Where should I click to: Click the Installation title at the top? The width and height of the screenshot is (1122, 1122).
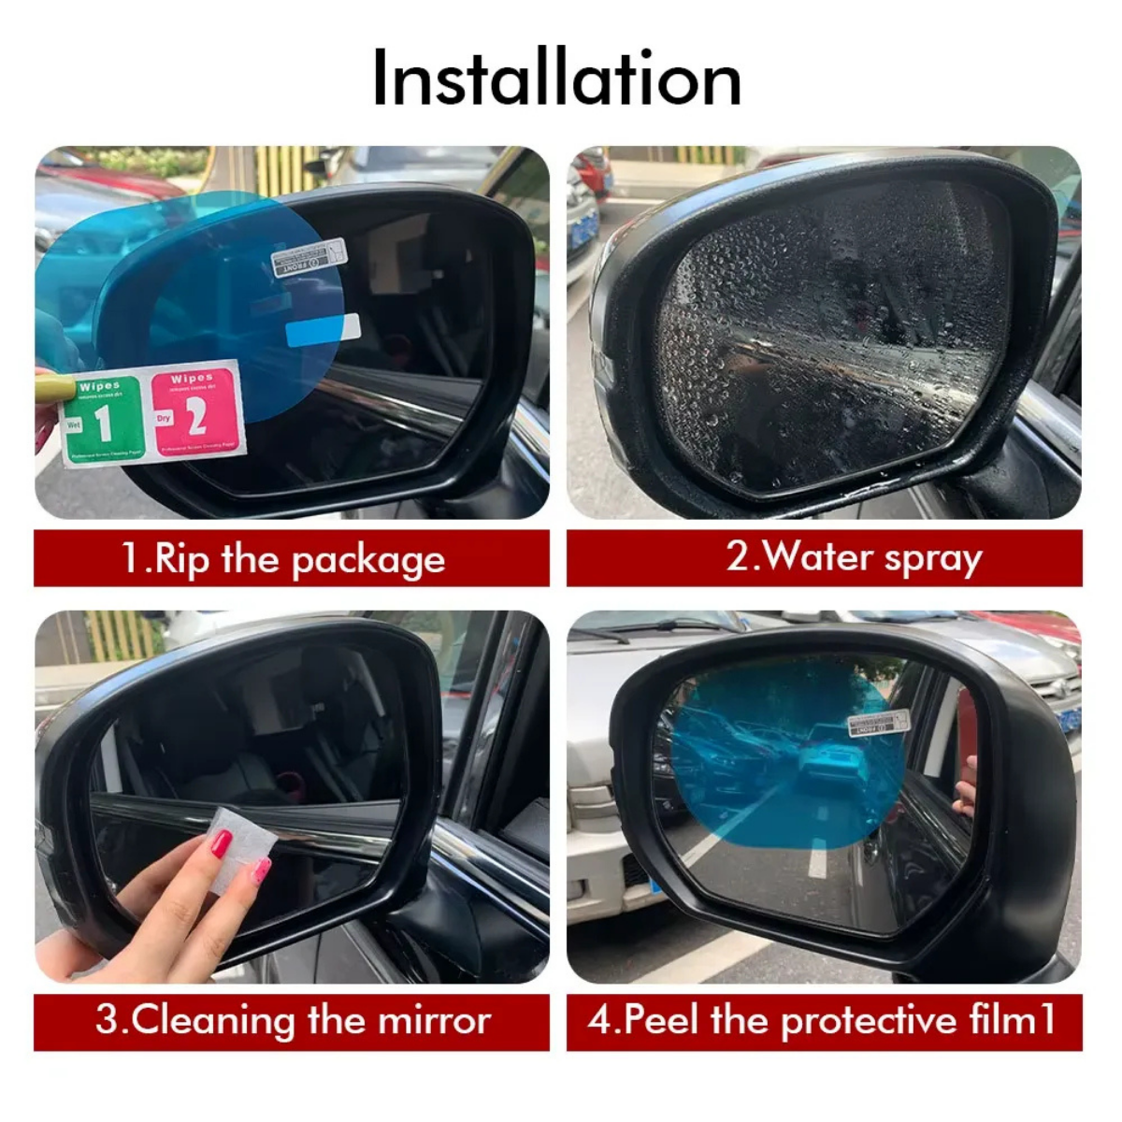(x=556, y=79)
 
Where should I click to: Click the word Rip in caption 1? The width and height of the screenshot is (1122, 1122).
(x=182, y=559)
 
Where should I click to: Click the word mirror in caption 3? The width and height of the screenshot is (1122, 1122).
(x=433, y=1020)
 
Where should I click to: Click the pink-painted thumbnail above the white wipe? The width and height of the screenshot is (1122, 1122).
(x=221, y=844)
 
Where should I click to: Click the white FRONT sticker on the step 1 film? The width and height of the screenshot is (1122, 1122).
(x=309, y=257)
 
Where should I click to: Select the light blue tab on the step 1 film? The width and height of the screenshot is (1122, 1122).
(x=322, y=329)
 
